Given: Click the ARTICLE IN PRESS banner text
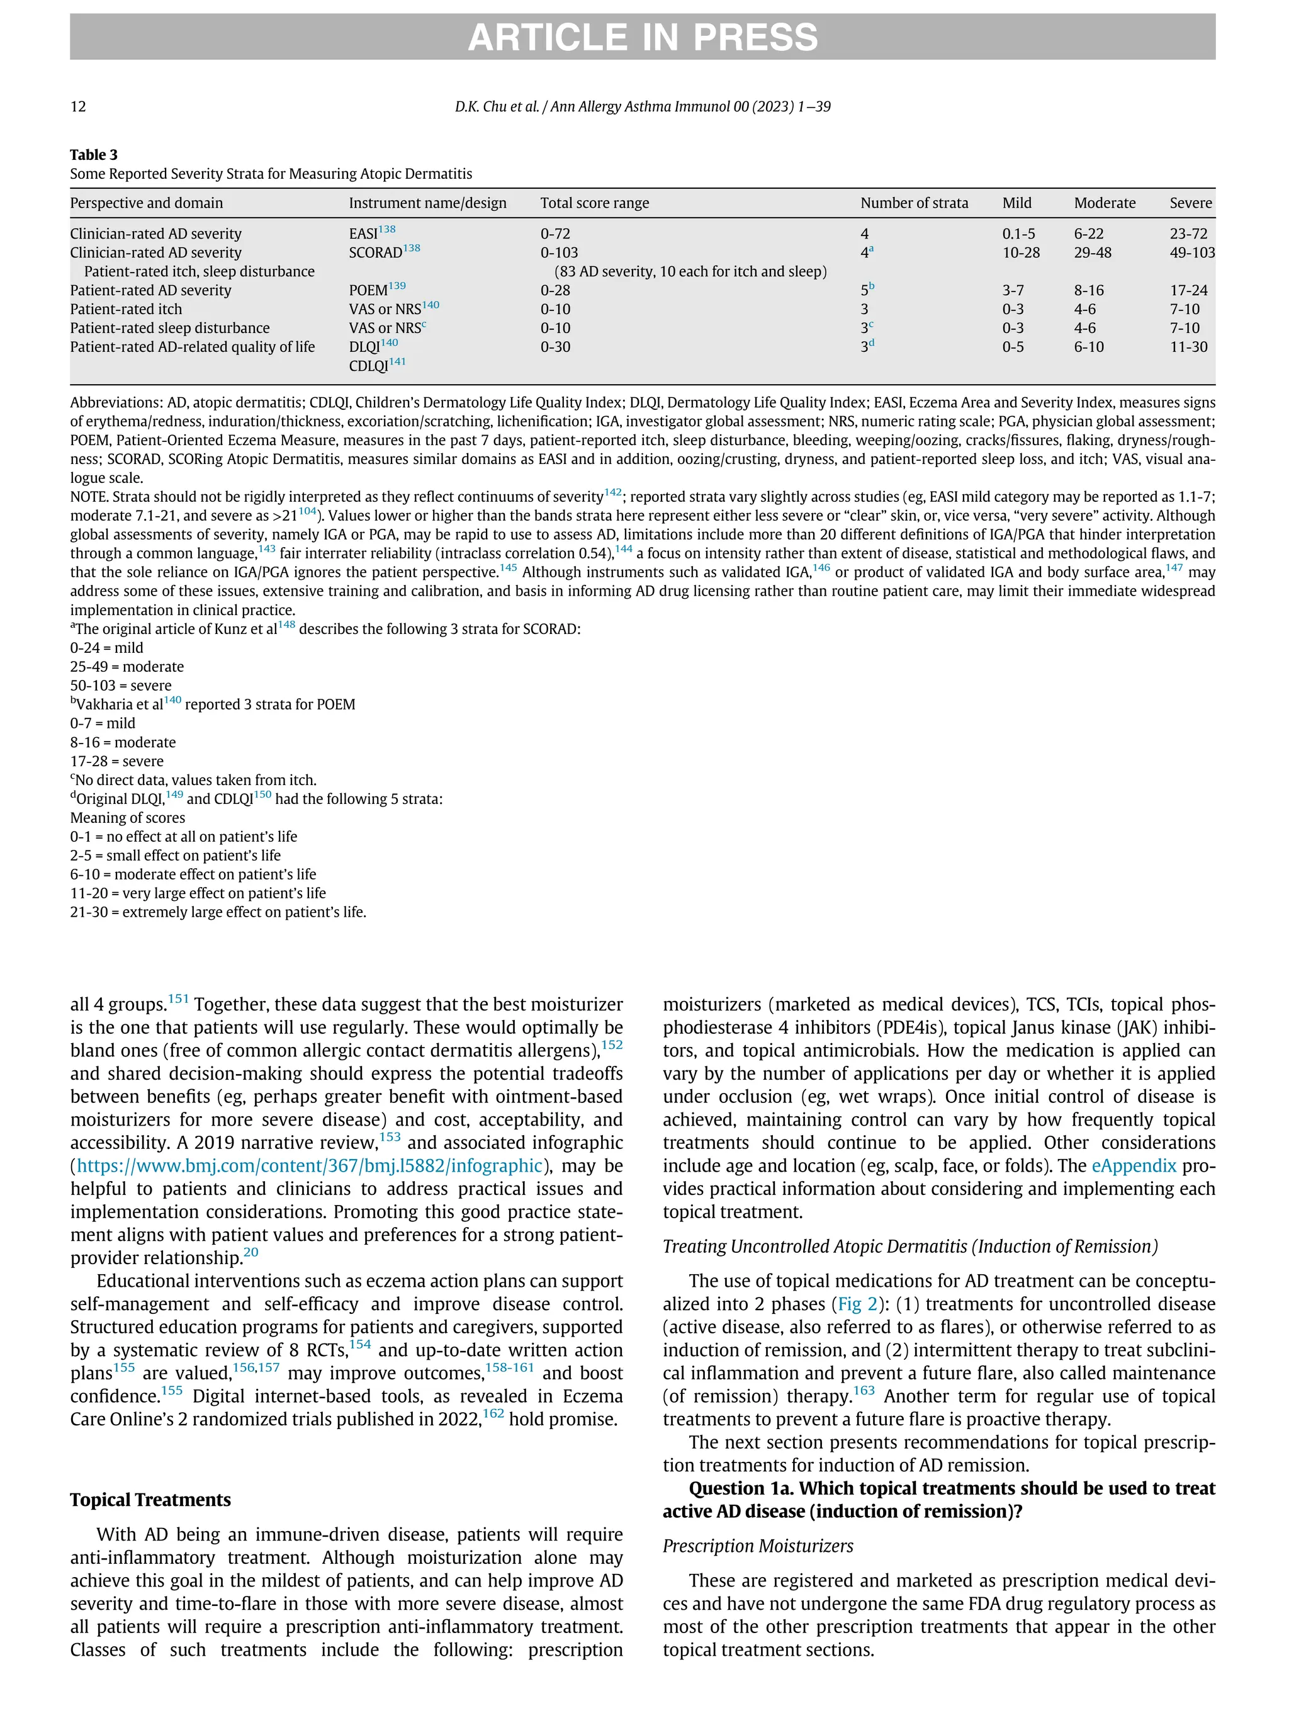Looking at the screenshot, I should click(643, 37).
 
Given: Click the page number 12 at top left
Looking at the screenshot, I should click(78, 107).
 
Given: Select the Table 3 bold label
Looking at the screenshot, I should click(94, 154).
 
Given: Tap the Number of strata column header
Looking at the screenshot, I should click(914, 203).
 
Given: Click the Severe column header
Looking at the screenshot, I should click(1190, 203).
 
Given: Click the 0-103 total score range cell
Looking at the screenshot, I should click(558, 252).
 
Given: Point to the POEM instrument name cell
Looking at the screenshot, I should click(368, 290).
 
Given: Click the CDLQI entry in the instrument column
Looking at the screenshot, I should click(368, 366).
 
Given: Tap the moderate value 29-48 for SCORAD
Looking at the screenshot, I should click(1093, 252).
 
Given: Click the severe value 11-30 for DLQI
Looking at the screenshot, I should click(1188, 347).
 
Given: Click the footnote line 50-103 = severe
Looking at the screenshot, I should click(121, 686).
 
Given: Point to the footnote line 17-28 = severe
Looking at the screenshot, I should click(117, 761).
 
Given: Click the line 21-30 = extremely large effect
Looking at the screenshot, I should click(218, 912).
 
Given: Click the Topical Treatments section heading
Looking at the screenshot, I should click(150, 1500).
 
